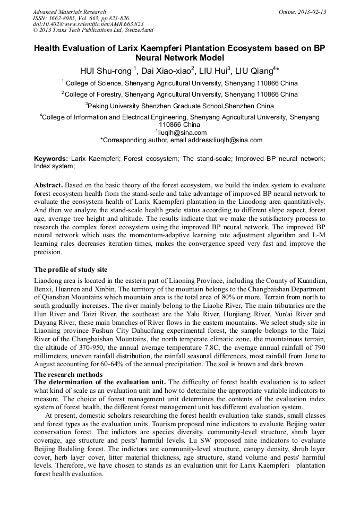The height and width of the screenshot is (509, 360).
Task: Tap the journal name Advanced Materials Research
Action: pyautogui.click(x=69, y=12)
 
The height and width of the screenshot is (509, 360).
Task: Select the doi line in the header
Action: pyautogui.click(x=88, y=24)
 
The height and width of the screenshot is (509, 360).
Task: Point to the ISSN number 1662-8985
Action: pyautogui.click(x=67, y=18)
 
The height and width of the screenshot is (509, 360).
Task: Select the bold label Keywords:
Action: pyautogui.click(x=51, y=159)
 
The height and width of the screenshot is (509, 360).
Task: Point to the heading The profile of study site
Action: pyautogui.click(x=71, y=270)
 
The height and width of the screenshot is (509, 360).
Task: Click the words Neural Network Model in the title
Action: pyautogui.click(x=180, y=57)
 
